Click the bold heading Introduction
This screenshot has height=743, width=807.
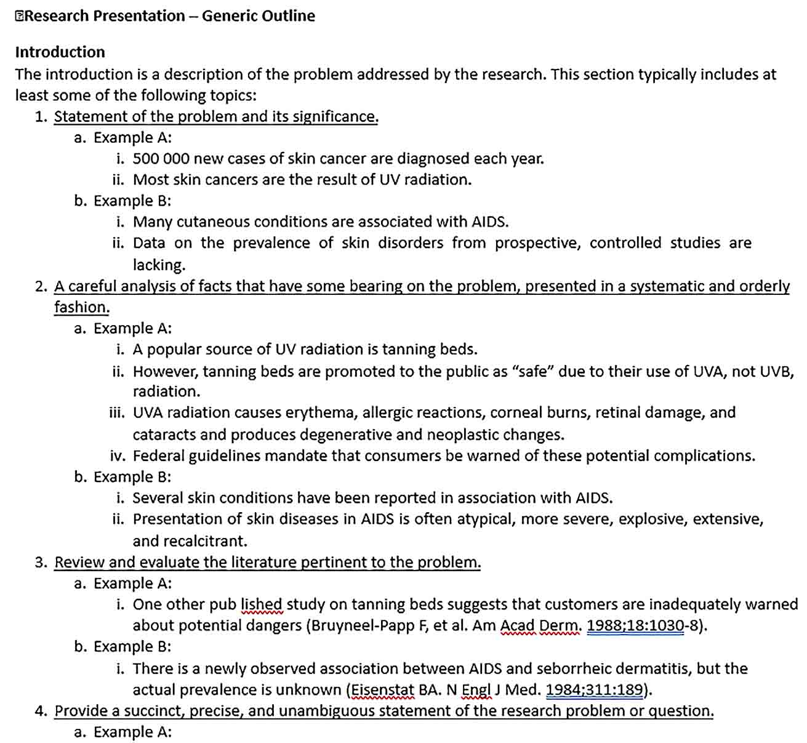[60, 52]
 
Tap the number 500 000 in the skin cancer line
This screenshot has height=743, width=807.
[161, 158]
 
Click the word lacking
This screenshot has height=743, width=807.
[159, 265]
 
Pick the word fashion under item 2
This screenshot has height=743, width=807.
[81, 307]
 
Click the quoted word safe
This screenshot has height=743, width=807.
[532, 371]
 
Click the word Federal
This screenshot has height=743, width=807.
[158, 456]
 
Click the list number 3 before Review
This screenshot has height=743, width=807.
[40, 562]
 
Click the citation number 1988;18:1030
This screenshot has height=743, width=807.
[635, 625]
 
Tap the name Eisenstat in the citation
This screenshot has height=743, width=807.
[382, 689]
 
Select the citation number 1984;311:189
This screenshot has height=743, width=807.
[594, 689]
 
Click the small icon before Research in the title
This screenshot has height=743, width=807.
[20, 16]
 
